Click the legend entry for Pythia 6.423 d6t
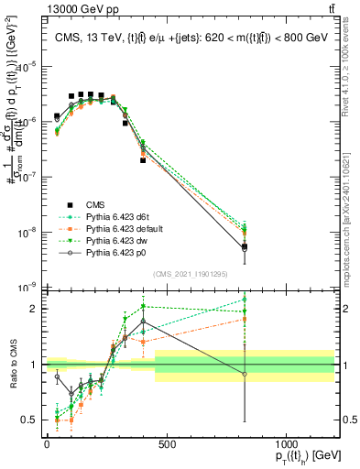click(x=115, y=215)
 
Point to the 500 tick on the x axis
click(x=167, y=444)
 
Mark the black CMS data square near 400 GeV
click(x=143, y=160)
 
